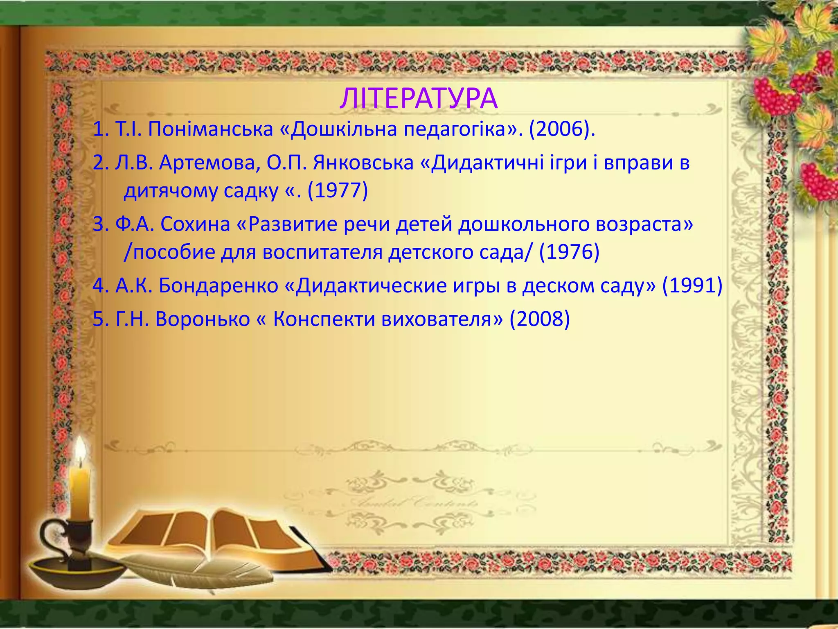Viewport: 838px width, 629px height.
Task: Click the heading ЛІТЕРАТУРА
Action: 419,99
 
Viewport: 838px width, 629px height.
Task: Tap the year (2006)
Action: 559,129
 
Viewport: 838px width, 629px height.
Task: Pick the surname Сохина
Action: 195,224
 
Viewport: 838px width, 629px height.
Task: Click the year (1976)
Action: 569,252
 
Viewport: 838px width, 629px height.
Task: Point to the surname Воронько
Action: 203,319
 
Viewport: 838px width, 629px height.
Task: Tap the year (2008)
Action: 540,319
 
